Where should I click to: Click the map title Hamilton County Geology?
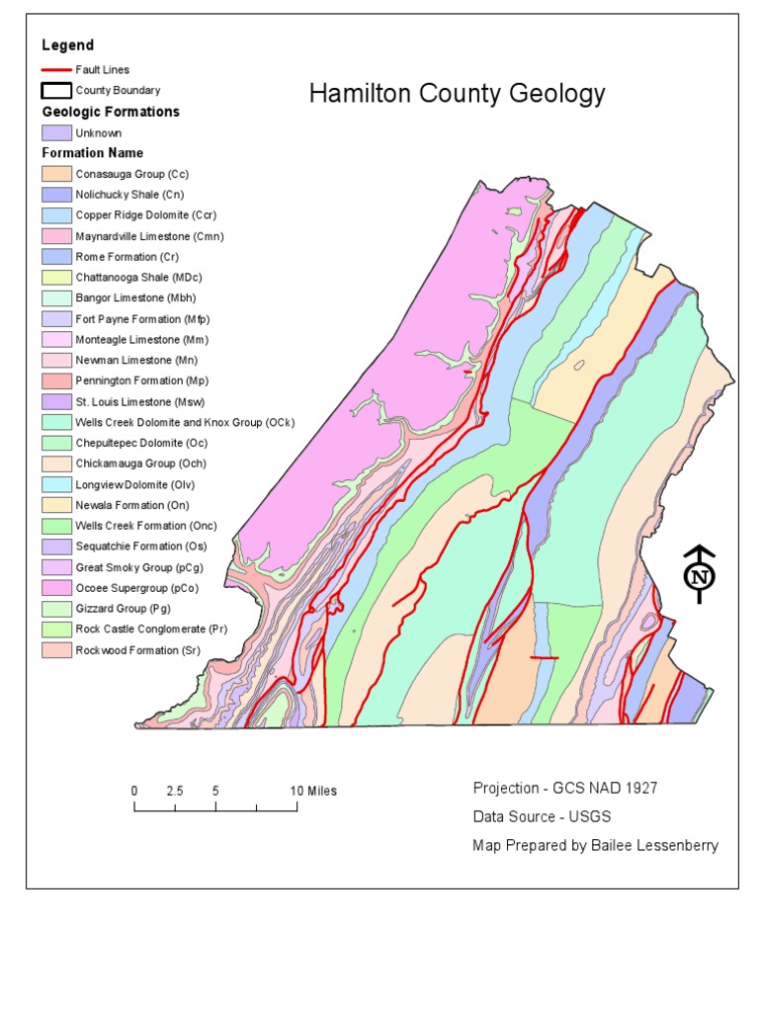457,94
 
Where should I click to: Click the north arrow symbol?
699,574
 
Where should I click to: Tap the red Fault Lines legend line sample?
55,70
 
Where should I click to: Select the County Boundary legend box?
55,91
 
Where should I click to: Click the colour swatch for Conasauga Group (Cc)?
55,174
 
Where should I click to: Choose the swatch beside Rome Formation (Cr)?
55,257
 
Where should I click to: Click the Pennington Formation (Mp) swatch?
55,381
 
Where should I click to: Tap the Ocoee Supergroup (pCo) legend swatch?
55,588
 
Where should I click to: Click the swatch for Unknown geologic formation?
55,132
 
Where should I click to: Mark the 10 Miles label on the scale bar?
313,791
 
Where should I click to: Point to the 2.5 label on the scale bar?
175,791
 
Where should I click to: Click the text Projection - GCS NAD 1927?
564,788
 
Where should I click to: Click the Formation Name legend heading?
92,153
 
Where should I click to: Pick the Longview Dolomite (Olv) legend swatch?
55,484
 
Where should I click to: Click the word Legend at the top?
67,45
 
